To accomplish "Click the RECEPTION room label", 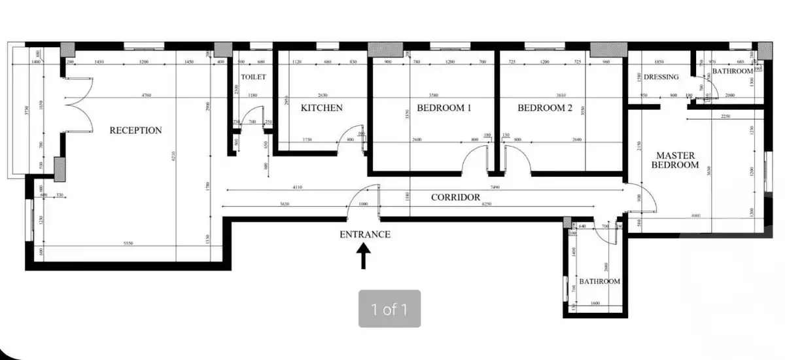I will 135,130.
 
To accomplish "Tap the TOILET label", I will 253,77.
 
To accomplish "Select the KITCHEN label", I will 321,107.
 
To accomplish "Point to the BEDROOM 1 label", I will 444,107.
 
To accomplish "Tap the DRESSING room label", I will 661,77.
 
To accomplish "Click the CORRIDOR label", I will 455,197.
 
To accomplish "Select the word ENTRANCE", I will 365,234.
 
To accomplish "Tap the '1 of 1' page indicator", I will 389,308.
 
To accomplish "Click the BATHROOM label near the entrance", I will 599,281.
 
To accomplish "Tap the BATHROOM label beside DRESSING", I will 733,71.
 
